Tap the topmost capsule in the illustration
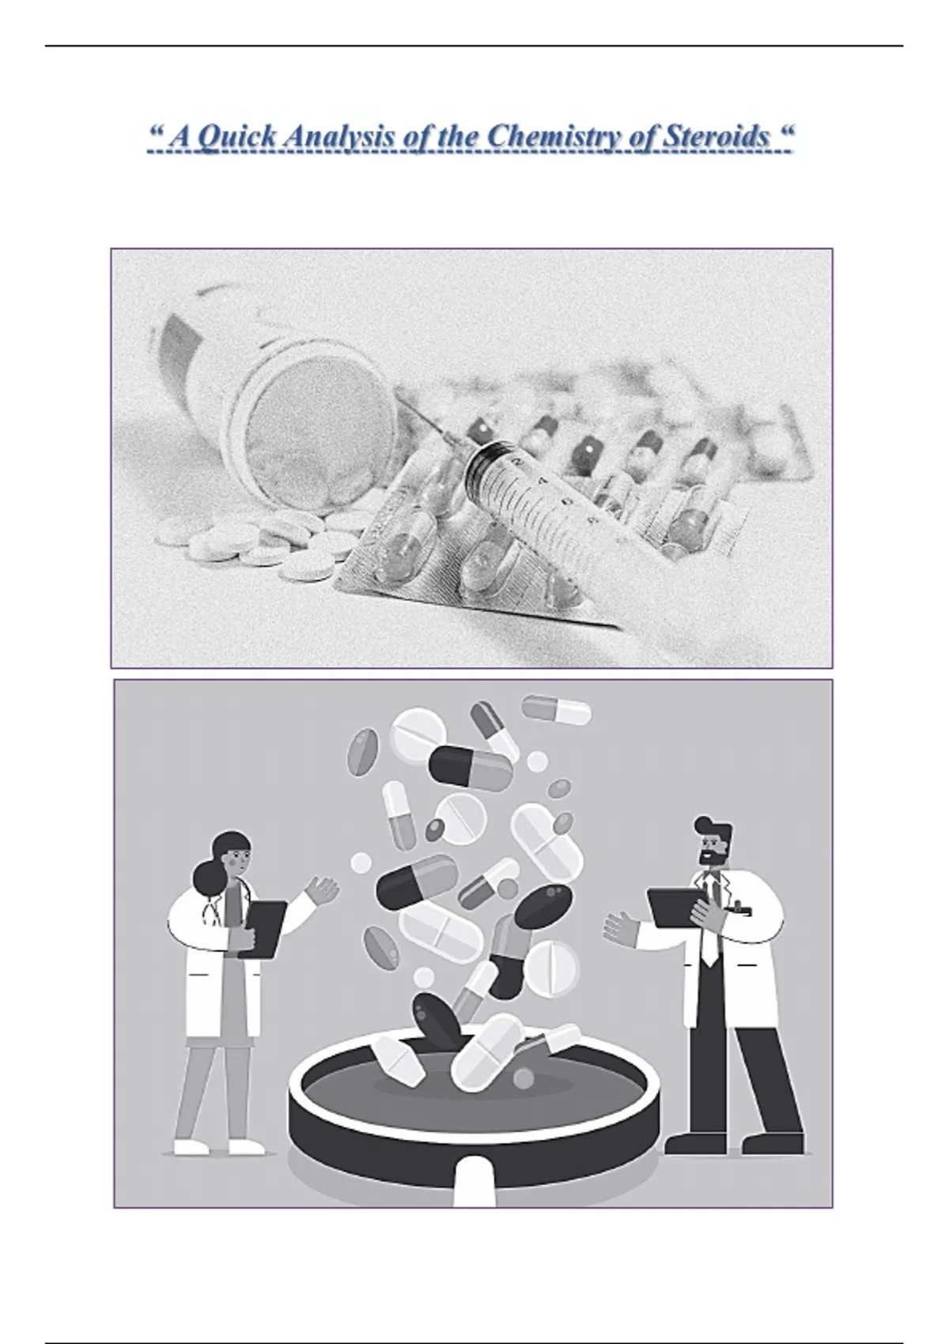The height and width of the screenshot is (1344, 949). tap(556, 709)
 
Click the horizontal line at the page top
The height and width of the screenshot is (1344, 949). tap(475, 46)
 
